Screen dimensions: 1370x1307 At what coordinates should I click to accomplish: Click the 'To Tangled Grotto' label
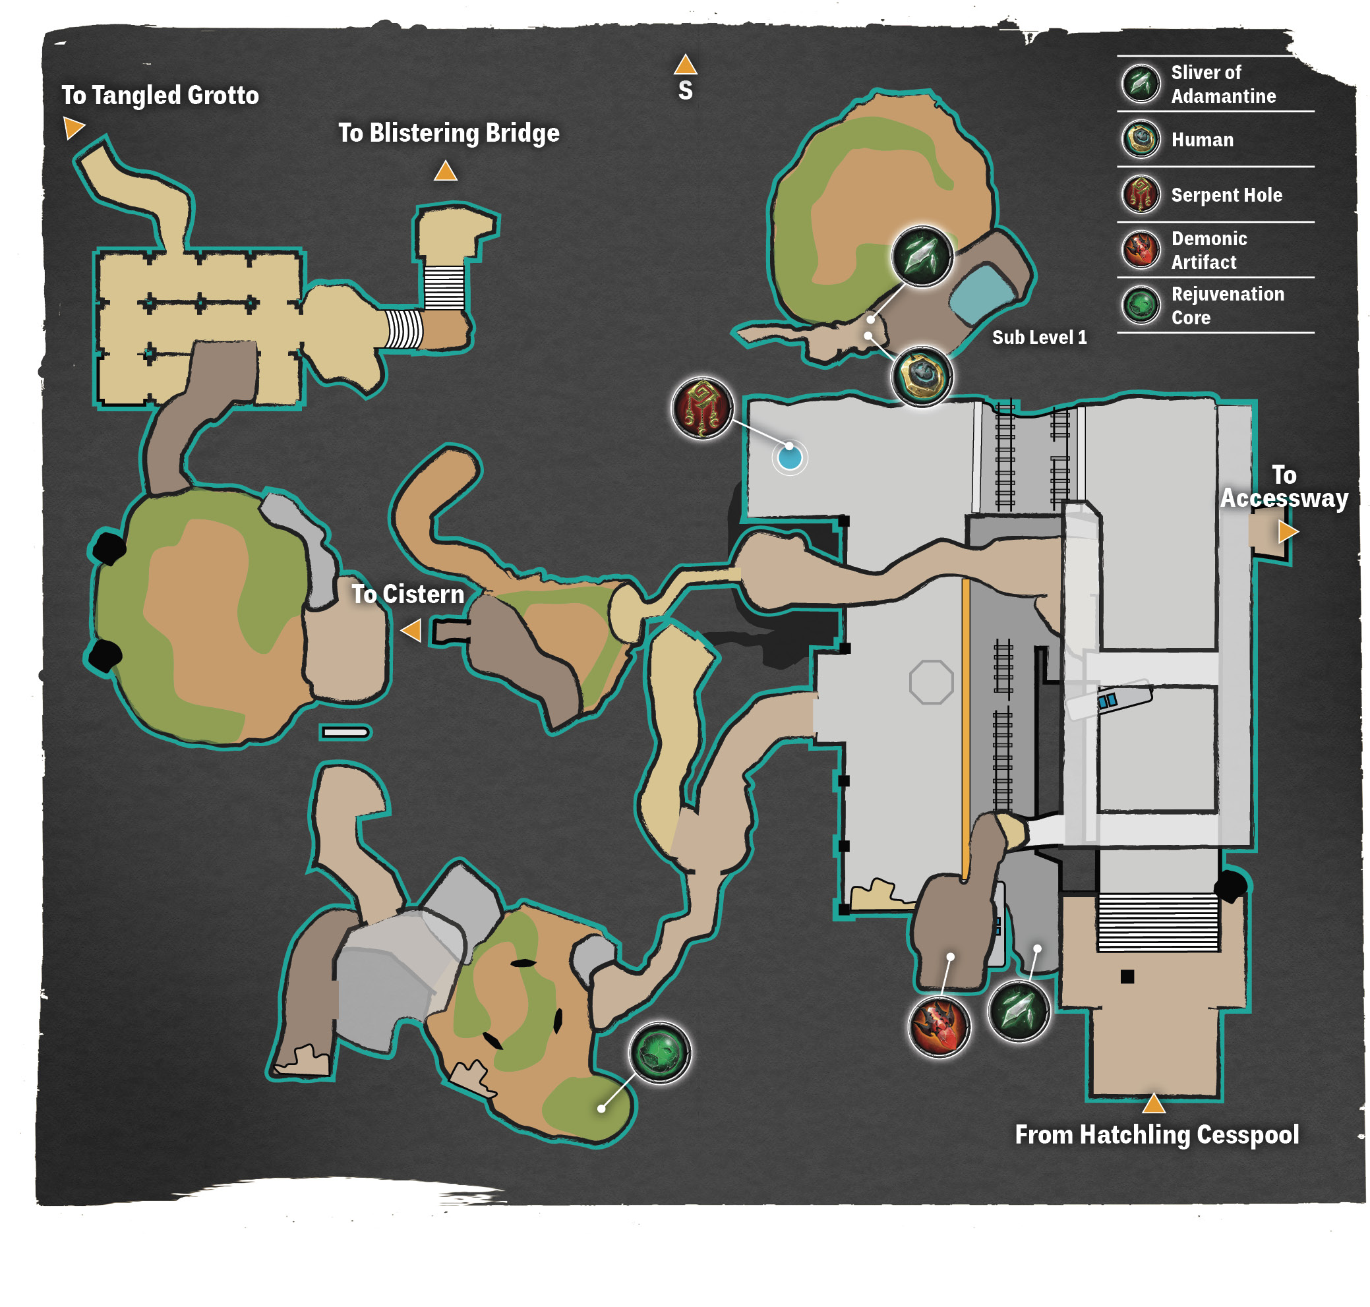[x=160, y=95]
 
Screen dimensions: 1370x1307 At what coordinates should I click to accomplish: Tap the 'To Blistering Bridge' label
[x=449, y=132]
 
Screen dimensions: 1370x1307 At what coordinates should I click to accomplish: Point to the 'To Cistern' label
[x=407, y=595]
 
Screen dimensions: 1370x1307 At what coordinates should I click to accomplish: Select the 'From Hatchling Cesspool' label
[x=1157, y=1135]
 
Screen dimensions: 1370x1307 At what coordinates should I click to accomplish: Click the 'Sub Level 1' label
[x=1039, y=337]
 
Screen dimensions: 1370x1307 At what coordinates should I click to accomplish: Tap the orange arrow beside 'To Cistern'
[x=411, y=631]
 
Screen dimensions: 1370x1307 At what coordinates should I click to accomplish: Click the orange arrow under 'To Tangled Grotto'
[x=73, y=127]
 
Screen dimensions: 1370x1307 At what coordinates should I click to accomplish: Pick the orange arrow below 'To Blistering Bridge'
[x=445, y=171]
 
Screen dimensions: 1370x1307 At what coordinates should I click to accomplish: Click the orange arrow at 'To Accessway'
[x=1288, y=533]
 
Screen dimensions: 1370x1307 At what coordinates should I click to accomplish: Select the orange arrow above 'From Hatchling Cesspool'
[x=1153, y=1103]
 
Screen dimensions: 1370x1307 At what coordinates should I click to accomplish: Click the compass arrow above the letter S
[x=685, y=65]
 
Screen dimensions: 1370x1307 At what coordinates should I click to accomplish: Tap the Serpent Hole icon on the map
[x=701, y=408]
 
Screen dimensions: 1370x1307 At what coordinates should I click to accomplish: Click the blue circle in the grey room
[x=790, y=457]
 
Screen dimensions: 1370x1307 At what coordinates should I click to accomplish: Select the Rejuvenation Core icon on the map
[x=659, y=1052]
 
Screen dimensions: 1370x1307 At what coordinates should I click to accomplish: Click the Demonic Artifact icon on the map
[x=939, y=1026]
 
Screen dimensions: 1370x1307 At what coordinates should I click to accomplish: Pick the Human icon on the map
[x=922, y=376]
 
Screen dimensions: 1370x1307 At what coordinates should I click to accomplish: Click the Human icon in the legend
[x=1141, y=138]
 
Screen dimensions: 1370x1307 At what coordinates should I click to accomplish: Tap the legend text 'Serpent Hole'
[x=1226, y=195]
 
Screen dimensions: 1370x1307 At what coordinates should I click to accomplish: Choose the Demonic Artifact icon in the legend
[x=1141, y=249]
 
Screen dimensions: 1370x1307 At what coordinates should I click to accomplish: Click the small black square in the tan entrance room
[x=1127, y=977]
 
